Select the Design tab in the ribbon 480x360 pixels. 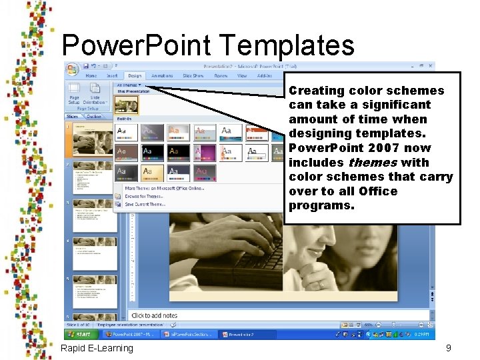[x=135, y=76]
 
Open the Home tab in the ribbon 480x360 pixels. [x=91, y=76]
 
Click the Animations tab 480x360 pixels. [x=162, y=76]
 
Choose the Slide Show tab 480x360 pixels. [x=193, y=76]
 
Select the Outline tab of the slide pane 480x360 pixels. [x=94, y=117]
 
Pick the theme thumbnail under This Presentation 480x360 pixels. [x=127, y=104]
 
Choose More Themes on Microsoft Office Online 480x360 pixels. [x=165, y=189]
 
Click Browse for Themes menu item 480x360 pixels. [x=145, y=197]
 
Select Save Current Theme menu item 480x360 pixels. [x=145, y=205]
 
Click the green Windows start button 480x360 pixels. [x=81, y=334]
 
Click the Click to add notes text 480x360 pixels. [x=154, y=315]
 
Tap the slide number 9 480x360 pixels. [x=449, y=348]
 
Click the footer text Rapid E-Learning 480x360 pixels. [x=97, y=348]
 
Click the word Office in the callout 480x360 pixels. [x=375, y=191]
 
